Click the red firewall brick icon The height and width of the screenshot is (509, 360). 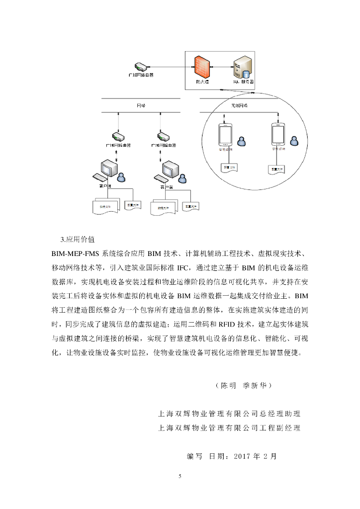[x=201, y=65]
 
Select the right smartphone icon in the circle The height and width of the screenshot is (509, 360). [x=278, y=134]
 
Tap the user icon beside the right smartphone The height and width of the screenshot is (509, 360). [x=294, y=141]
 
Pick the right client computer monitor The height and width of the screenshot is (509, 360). [x=169, y=169]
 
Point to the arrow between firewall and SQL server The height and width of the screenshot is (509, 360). [x=222, y=66]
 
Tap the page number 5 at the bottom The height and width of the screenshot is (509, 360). [x=180, y=476]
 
